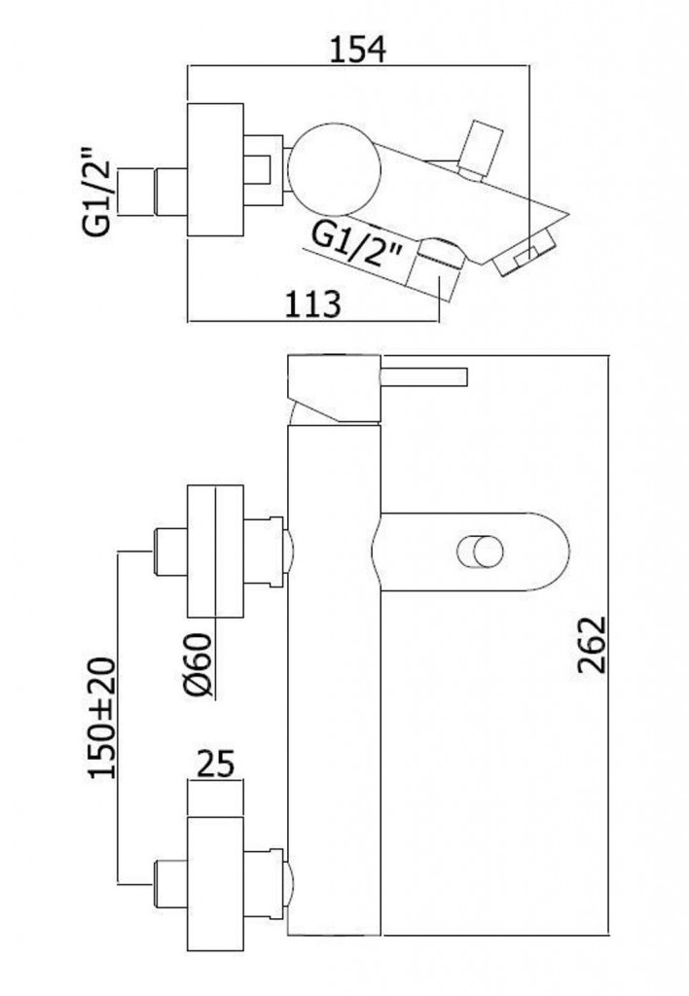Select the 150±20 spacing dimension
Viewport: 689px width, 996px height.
click(x=103, y=718)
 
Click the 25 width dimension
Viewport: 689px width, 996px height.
click(x=216, y=765)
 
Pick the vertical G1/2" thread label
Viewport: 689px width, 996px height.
click(x=96, y=192)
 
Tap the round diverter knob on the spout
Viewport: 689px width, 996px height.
click(x=481, y=551)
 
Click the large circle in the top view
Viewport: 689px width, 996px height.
click(x=334, y=169)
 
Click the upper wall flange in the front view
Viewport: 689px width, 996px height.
click(x=215, y=551)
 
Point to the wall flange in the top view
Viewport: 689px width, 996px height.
click(x=215, y=169)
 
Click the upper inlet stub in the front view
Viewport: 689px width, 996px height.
click(x=170, y=551)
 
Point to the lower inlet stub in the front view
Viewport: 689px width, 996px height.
click(x=170, y=883)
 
